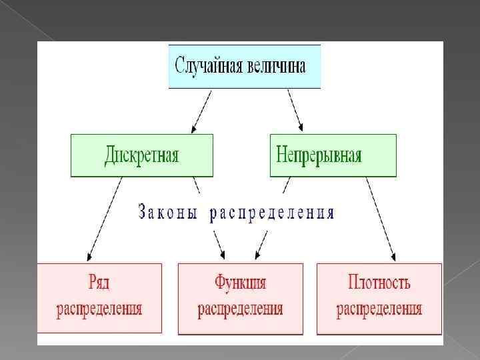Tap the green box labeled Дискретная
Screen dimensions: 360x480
coord(141,155)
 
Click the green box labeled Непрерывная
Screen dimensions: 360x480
coord(333,155)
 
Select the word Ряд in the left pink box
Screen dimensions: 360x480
coord(99,283)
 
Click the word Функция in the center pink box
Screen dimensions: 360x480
coord(240,283)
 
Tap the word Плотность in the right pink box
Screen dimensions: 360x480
coord(379,283)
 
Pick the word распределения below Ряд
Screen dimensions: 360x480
coord(99,308)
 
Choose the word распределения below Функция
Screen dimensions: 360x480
coord(240,309)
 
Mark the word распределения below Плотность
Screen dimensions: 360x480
coord(379,309)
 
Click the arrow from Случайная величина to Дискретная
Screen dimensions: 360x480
coord(201,111)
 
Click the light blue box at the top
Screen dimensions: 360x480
coord(245,66)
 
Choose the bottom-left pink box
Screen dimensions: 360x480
coord(99,297)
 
